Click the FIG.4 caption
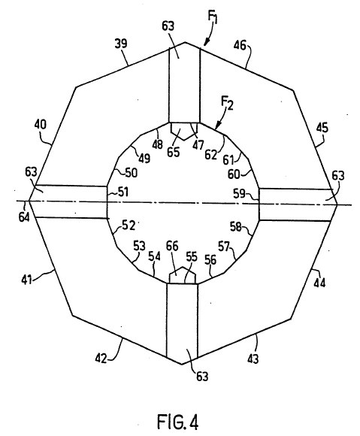[x=177, y=422]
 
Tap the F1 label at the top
[x=213, y=17]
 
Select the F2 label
[x=227, y=103]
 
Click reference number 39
[x=121, y=44]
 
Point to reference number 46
[x=240, y=45]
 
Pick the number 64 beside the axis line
[x=24, y=217]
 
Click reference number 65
[x=173, y=152]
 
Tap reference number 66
[x=172, y=247]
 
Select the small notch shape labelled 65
[x=183, y=131]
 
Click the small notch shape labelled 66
[x=183, y=275]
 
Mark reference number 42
[x=101, y=359]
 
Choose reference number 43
[x=253, y=359]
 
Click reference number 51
[x=123, y=192]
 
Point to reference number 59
[x=239, y=194]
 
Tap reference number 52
[x=129, y=225]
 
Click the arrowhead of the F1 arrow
[x=205, y=43]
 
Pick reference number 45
[x=322, y=128]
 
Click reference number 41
[x=27, y=280]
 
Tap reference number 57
[x=224, y=247]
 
